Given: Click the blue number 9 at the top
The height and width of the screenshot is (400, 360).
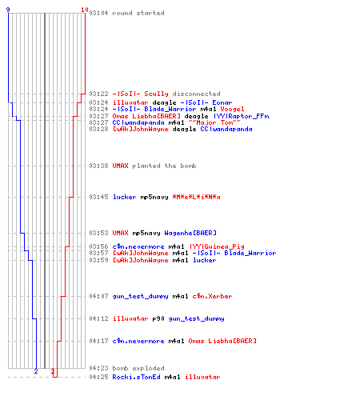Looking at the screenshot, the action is tap(8, 10).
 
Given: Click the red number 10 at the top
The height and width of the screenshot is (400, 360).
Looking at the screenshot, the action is tap(85, 10).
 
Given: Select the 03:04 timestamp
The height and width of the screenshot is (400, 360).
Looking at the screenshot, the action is tap(98, 13).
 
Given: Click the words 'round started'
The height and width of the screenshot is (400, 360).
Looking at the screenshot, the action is tap(138, 13).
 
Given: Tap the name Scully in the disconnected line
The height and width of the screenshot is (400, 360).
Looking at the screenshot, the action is tap(156, 94).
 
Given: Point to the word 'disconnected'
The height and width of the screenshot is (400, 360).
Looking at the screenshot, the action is tap(196, 94).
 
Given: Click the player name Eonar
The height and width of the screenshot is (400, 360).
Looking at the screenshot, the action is tap(222, 102).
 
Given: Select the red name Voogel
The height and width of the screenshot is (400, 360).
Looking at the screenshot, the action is tap(232, 109).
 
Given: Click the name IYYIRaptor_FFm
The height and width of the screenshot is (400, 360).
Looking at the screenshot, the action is tap(242, 116).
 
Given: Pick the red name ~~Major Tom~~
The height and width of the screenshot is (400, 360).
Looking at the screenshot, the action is tap(214, 122).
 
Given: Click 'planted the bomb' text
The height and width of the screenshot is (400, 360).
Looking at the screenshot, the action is tap(164, 166).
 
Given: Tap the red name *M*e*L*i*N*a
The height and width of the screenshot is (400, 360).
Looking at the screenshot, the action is tap(196, 197).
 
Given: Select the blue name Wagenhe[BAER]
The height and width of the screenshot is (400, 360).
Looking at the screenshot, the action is tap(190, 233).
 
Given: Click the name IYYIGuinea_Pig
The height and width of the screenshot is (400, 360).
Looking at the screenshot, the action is tap(217, 246).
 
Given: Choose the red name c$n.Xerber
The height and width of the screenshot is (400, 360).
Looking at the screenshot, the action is tap(212, 296).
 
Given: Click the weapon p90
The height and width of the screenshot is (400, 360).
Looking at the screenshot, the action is tap(158, 318).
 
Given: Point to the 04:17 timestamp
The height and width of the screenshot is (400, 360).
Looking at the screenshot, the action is tap(98, 341).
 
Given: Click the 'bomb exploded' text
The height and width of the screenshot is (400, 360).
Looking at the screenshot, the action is tap(138, 368).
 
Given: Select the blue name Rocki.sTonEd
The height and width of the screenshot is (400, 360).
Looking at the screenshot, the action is tap(136, 377).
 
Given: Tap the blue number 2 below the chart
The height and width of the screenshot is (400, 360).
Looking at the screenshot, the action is tap(36, 371).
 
